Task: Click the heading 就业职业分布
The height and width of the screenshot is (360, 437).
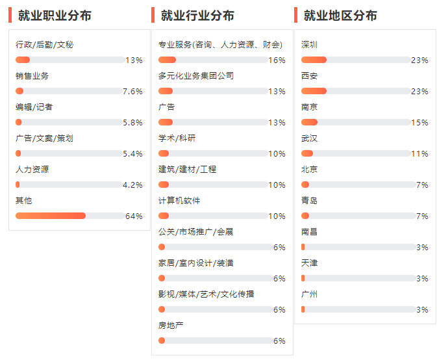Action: coord(55,16)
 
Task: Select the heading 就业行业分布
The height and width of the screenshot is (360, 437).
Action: coord(197,16)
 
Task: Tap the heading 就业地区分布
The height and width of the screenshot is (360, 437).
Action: coord(340,16)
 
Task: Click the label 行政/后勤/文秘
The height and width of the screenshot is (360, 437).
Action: coord(45,45)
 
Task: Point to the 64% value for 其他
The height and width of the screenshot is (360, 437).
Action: coord(134,216)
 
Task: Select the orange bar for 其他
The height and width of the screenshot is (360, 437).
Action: coord(51,216)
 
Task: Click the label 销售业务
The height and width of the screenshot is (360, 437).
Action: coord(32,76)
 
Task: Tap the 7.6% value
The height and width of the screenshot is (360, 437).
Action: coord(132,92)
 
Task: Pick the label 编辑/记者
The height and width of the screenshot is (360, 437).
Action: coord(34,107)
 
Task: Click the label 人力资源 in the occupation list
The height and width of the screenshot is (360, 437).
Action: coord(32,170)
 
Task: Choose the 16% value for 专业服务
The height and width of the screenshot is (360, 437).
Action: coord(277,60)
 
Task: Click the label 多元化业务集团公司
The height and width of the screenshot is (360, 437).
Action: coord(196,76)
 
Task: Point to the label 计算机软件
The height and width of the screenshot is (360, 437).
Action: coord(179,201)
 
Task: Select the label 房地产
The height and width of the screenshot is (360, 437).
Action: coord(171,326)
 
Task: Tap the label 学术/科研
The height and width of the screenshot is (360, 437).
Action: coord(177,138)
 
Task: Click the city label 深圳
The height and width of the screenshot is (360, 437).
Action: coord(310,45)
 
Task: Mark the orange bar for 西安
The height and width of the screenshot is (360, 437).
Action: coord(314,91)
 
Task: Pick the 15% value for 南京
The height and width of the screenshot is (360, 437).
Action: coord(419,123)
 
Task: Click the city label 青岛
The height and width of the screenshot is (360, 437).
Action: coord(310,201)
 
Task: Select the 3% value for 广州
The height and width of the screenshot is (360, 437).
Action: coord(422,310)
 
